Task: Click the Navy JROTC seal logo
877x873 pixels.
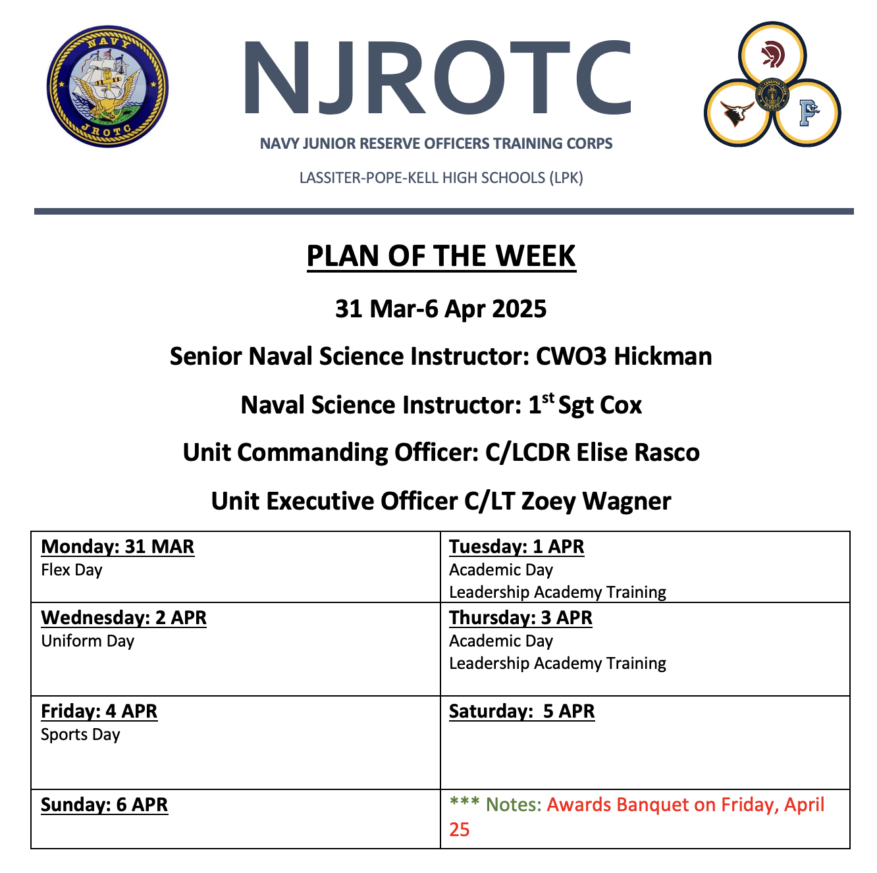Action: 107,86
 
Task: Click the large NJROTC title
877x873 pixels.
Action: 438,78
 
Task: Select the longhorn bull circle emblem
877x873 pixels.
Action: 737,113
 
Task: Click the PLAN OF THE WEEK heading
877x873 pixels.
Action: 441,256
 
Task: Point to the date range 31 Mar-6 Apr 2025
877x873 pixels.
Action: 441,309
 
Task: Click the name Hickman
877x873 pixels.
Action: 663,356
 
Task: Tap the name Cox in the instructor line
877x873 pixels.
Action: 621,405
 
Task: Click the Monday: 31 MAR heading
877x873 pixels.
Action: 118,546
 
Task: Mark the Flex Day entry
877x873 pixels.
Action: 72,570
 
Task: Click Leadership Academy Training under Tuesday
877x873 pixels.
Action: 558,593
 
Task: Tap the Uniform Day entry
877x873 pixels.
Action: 88,641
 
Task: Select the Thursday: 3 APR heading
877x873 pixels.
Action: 521,618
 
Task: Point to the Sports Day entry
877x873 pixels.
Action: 80,735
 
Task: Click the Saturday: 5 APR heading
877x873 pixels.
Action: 522,711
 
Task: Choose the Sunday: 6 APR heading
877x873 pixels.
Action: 105,805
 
